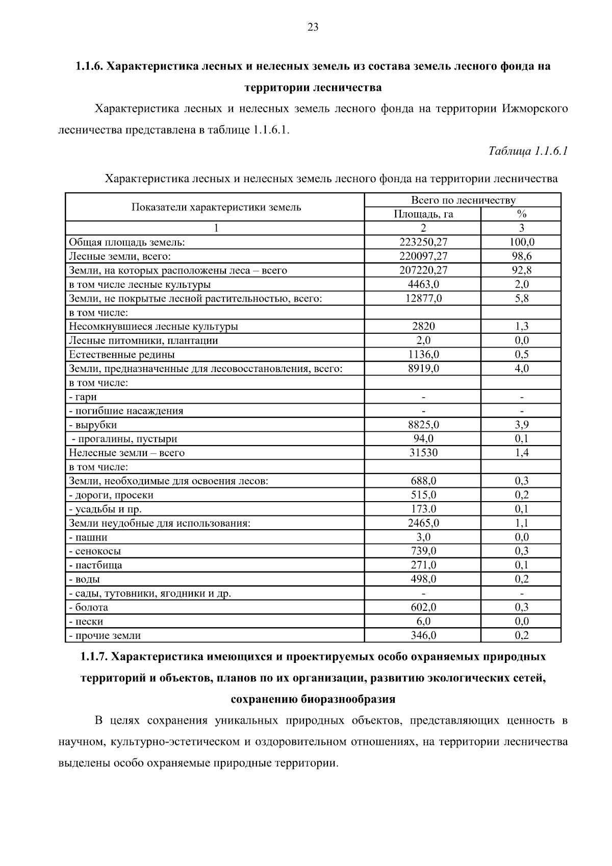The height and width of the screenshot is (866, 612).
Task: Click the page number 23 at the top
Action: tap(313, 28)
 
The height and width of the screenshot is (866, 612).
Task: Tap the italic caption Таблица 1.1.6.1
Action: tap(528, 151)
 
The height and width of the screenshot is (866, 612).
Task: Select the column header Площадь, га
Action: tap(423, 214)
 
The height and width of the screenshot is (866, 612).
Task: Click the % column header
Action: tap(521, 214)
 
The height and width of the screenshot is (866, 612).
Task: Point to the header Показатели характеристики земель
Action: tap(216, 207)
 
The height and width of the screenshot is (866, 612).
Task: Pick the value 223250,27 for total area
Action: tap(423, 242)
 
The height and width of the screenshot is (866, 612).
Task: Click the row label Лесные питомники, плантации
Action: tap(143, 340)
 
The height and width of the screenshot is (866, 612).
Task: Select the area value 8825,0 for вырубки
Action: tap(423, 425)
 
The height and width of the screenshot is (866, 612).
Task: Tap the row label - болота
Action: tap(88, 607)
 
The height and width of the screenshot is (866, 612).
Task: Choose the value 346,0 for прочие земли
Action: tap(423, 635)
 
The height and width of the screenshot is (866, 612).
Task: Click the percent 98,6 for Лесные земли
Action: tap(521, 256)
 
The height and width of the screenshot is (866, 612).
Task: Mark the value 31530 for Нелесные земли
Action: tap(423, 453)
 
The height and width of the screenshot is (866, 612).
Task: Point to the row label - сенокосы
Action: tap(95, 551)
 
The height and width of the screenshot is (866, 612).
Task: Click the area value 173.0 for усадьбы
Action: tap(423, 509)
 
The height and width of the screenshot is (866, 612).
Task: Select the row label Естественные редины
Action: tap(122, 355)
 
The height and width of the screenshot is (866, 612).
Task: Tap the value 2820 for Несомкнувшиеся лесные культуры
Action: tap(423, 327)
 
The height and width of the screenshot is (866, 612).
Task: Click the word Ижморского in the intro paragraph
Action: tap(534, 109)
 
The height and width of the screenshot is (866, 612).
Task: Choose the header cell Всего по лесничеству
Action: tap(463, 200)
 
